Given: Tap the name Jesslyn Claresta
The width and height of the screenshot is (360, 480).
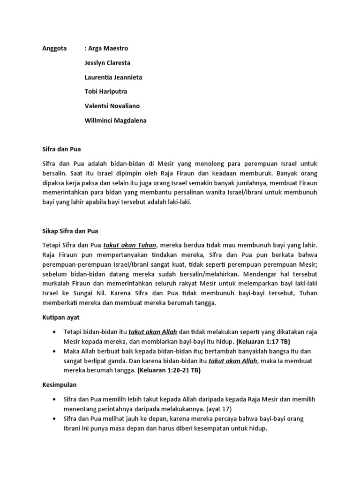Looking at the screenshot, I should [107, 63].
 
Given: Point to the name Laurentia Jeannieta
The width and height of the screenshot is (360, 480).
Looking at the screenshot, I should [113, 77].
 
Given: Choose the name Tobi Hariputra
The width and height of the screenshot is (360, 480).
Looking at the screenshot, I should [106, 91].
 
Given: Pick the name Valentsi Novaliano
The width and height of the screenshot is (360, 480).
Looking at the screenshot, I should [112, 106].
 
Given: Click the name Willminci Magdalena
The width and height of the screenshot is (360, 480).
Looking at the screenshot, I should [115, 120].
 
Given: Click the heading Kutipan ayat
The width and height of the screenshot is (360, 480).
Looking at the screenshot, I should [59, 317].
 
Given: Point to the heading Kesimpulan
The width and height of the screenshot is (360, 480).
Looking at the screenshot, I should [57, 384].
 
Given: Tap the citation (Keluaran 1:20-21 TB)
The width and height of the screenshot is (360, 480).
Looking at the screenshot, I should [169, 370].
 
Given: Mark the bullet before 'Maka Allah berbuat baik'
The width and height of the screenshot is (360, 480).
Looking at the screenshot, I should [56, 351].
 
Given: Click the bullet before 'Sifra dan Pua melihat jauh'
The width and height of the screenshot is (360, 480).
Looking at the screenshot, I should [56, 418].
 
